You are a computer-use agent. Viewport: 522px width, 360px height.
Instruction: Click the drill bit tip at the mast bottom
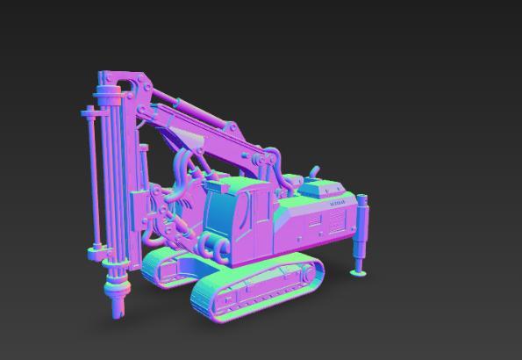pos(117,313)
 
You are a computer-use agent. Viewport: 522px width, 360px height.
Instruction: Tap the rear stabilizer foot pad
pos(359,273)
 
